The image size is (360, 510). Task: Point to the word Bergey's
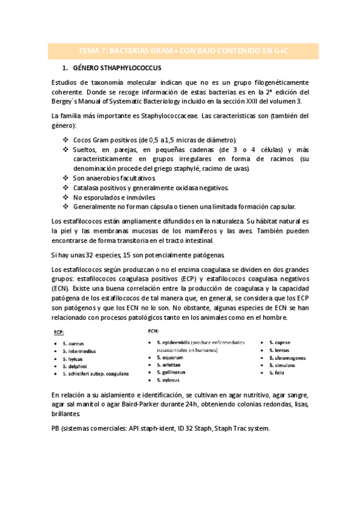pos(67,100)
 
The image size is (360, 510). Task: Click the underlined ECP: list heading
pos(59,331)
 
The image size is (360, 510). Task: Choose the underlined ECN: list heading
pos(153,330)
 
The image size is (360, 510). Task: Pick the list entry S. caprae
pos(281,342)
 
